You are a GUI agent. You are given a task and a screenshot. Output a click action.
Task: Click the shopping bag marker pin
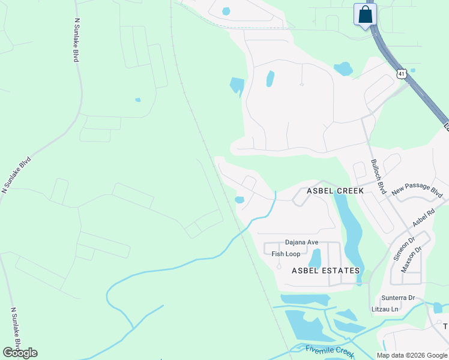[x=365, y=15]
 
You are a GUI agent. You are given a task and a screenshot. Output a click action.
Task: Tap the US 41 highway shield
[x=402, y=73]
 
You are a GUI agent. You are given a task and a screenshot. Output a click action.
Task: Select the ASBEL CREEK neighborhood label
[x=335, y=190]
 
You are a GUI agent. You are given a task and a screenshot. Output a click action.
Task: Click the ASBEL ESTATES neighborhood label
[x=325, y=271]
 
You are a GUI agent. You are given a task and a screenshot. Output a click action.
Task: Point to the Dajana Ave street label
[x=301, y=242]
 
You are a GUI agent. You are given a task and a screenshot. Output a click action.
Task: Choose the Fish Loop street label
[x=286, y=254]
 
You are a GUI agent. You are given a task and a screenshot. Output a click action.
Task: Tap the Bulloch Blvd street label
[x=378, y=176]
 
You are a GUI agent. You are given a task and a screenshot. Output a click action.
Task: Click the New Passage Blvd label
[x=417, y=191]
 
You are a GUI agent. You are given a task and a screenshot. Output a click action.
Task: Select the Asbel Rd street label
[x=423, y=218]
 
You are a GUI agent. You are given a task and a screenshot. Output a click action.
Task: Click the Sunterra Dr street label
[x=398, y=298]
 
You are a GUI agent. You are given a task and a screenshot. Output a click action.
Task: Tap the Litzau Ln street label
[x=385, y=309]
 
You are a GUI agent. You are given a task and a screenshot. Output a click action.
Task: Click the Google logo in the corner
[x=20, y=353]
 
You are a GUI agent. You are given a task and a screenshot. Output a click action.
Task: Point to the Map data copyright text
[x=411, y=355]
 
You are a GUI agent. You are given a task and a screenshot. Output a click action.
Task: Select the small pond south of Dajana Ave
[x=315, y=258]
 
